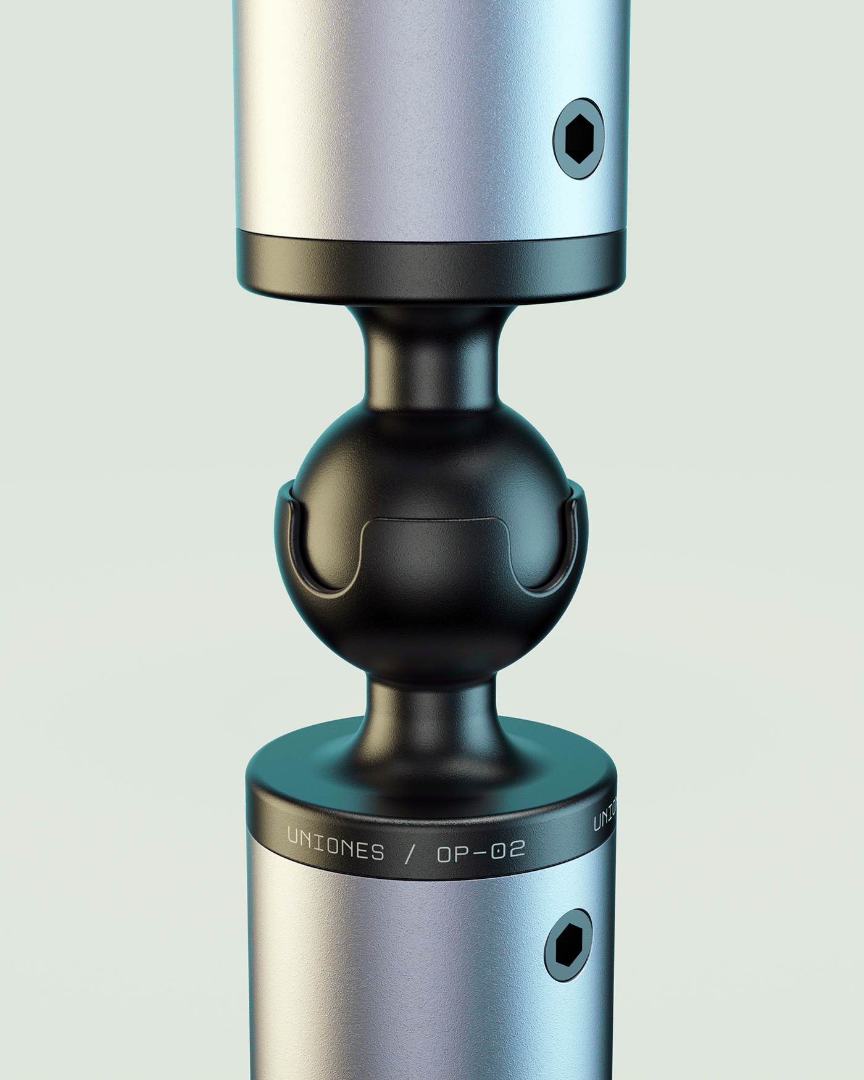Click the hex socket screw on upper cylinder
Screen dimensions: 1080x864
tap(578, 139)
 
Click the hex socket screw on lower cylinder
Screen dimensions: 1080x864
tap(568, 945)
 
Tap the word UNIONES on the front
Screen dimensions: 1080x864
tap(336, 846)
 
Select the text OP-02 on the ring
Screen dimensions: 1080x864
tap(481, 852)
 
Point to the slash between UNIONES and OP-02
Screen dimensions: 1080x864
tap(409, 855)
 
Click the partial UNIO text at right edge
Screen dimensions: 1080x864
tap(604, 815)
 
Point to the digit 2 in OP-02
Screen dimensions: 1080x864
tap(517, 850)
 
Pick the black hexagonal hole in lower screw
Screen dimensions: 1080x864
tap(568, 945)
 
